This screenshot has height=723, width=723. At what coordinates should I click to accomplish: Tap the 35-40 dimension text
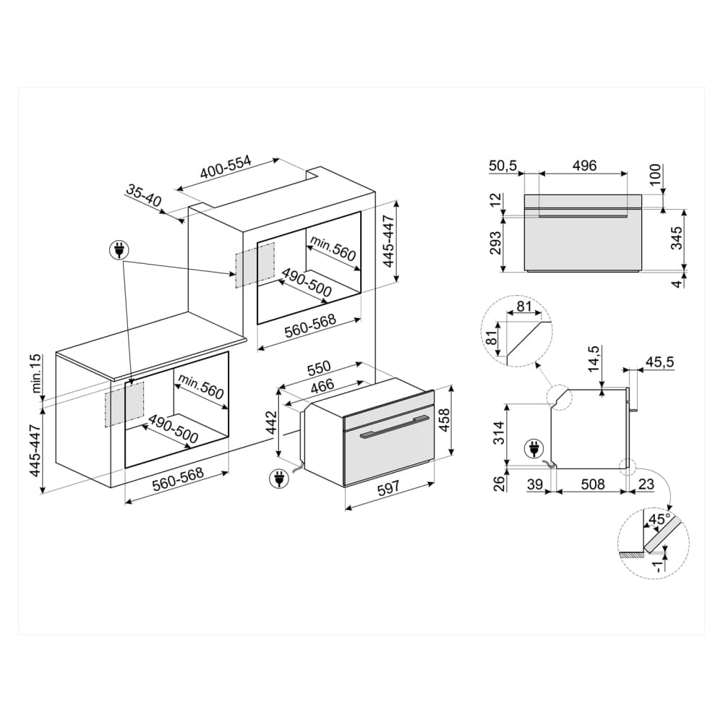tap(142, 196)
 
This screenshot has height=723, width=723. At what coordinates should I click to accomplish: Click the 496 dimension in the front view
tap(583, 166)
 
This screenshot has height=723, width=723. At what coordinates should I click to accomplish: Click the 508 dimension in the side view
tap(592, 484)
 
